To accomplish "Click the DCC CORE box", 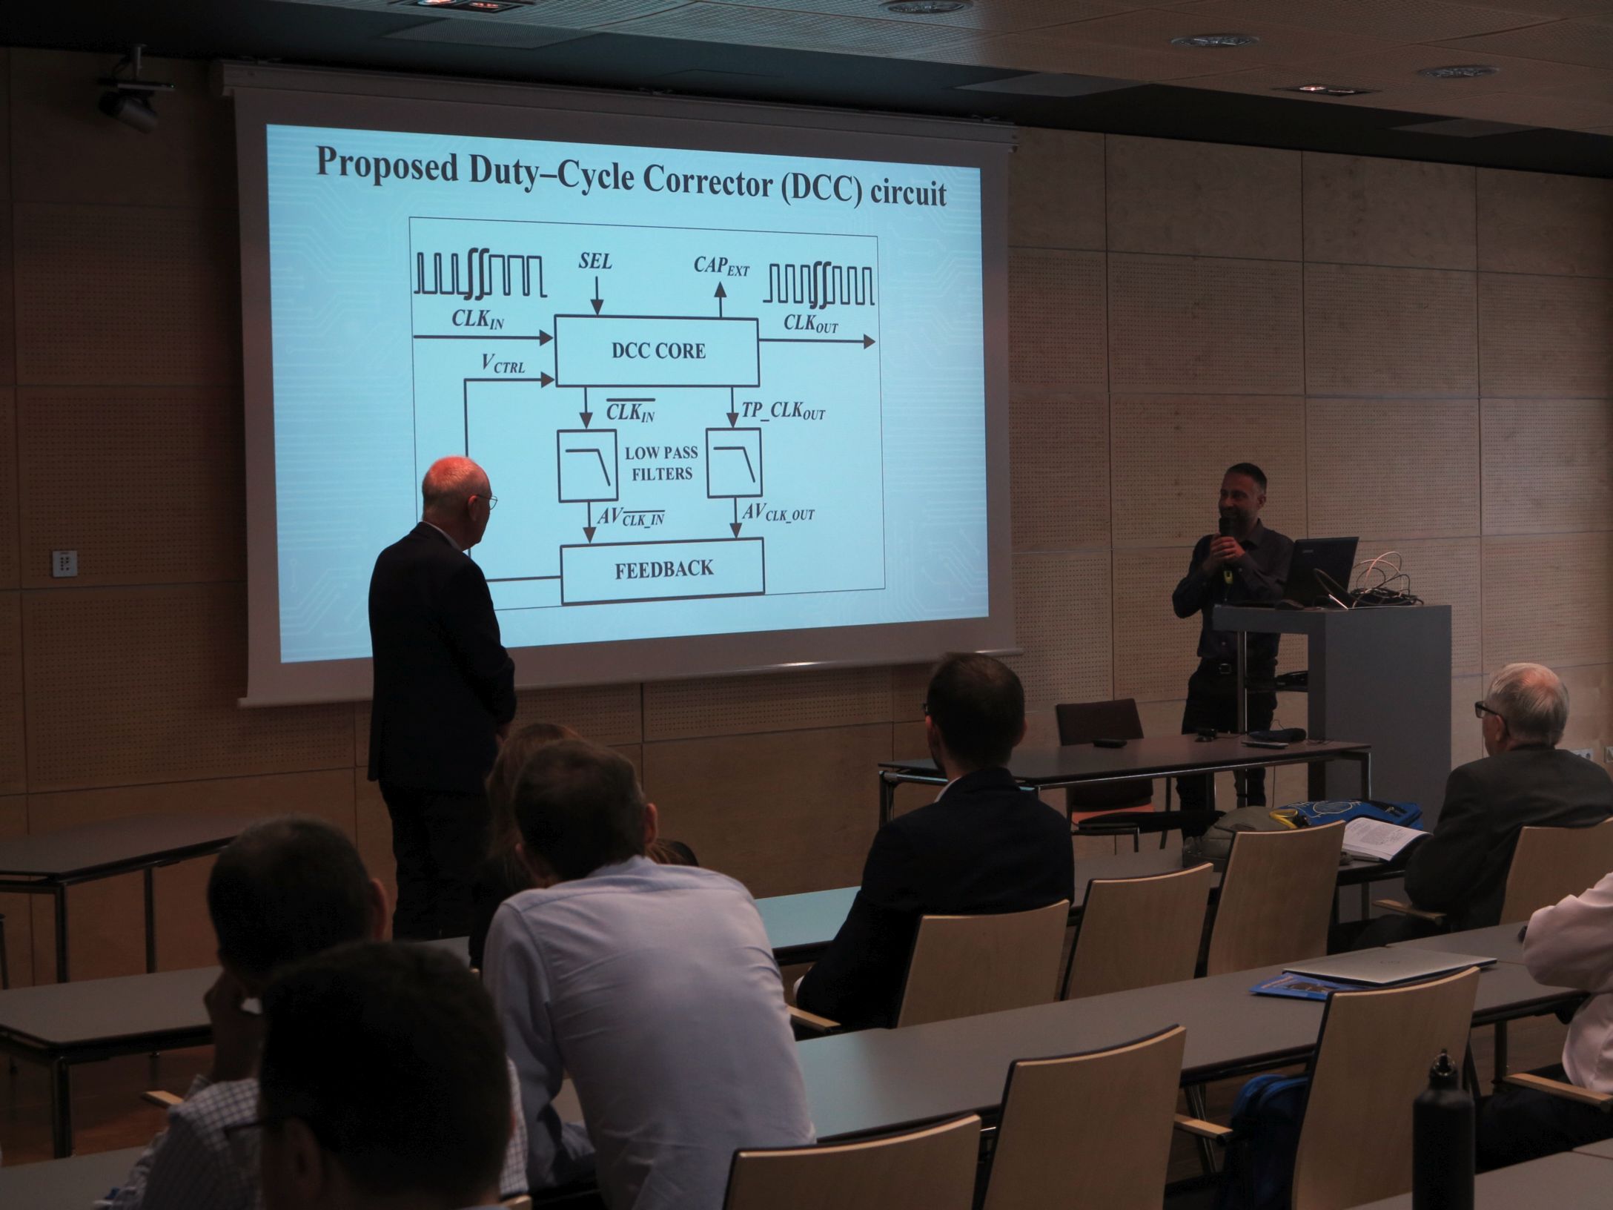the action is [x=657, y=351].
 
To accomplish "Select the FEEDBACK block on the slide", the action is [x=663, y=569].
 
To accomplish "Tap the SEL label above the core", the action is [x=595, y=262].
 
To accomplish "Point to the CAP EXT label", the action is [x=721, y=265].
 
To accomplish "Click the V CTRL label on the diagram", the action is [x=503, y=363].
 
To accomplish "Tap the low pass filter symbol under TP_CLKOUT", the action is [x=734, y=463].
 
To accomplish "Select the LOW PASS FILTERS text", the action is [x=661, y=463].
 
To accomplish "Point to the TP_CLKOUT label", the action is [x=784, y=411].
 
